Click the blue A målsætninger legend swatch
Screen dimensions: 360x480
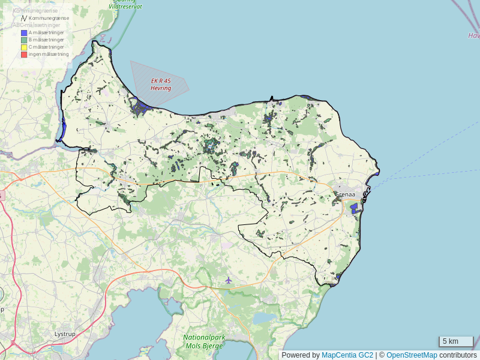pyautogui.click(x=24, y=32)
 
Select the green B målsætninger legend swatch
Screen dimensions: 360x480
pyautogui.click(x=24, y=40)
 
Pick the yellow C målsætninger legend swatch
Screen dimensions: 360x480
pyautogui.click(x=24, y=47)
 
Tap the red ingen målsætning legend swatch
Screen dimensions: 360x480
pyautogui.click(x=24, y=55)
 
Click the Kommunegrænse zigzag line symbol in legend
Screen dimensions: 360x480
pyautogui.click(x=24, y=19)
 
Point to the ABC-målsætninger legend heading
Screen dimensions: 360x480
pyautogui.click(x=36, y=25)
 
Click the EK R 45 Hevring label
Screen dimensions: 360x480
pyautogui.click(x=161, y=84)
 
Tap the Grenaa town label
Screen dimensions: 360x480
pyautogui.click(x=345, y=195)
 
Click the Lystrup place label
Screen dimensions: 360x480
pyautogui.click(x=65, y=334)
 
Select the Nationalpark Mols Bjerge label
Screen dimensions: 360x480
pyautogui.click(x=204, y=341)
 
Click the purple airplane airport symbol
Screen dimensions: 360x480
pyautogui.click(x=228, y=280)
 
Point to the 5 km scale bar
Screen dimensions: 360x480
pyautogui.click(x=455, y=341)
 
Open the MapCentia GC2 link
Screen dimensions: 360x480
pyautogui.click(x=347, y=355)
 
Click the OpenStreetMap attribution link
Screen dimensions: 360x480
pyautogui.click(x=412, y=355)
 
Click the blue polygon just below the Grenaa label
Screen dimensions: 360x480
pyautogui.click(x=354, y=208)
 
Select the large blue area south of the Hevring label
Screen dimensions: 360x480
pyautogui.click(x=142, y=109)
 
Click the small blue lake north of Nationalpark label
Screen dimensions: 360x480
pyautogui.click(x=264, y=317)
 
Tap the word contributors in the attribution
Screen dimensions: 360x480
pyautogui.click(x=458, y=355)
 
